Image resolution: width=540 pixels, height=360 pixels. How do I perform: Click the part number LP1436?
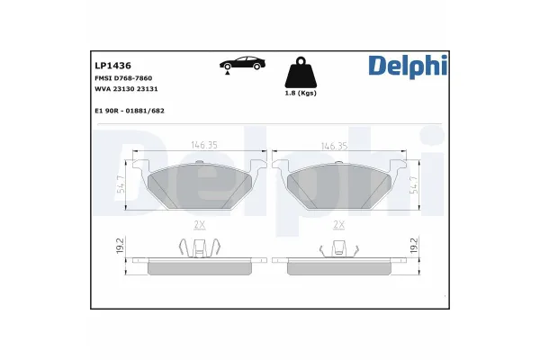[x=112, y=67]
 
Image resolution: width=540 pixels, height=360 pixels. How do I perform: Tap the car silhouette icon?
[x=239, y=64]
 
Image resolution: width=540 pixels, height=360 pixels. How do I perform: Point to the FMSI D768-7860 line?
[x=125, y=79]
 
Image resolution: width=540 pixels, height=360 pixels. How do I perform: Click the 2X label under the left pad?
[x=199, y=225]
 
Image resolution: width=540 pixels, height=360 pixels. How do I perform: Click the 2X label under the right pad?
[x=339, y=225]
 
